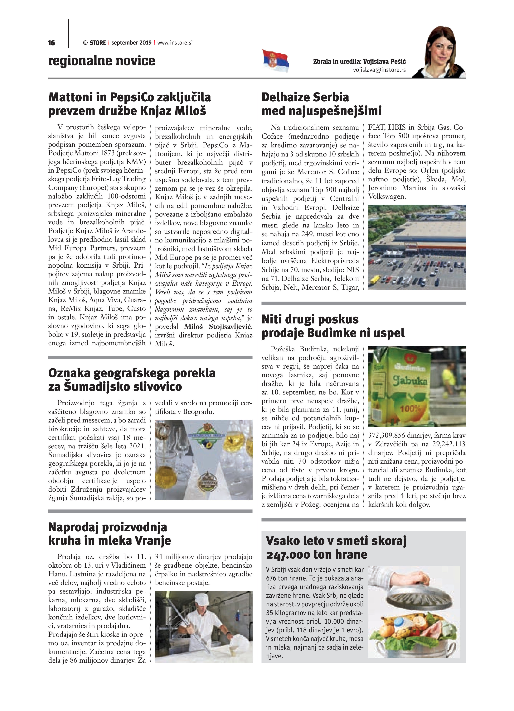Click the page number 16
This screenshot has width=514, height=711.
click(51, 43)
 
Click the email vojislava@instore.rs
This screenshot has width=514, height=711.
click(379, 70)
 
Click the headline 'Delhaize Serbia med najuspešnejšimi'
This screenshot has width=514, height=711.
click(322, 104)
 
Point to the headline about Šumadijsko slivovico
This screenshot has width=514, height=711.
click(132, 380)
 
